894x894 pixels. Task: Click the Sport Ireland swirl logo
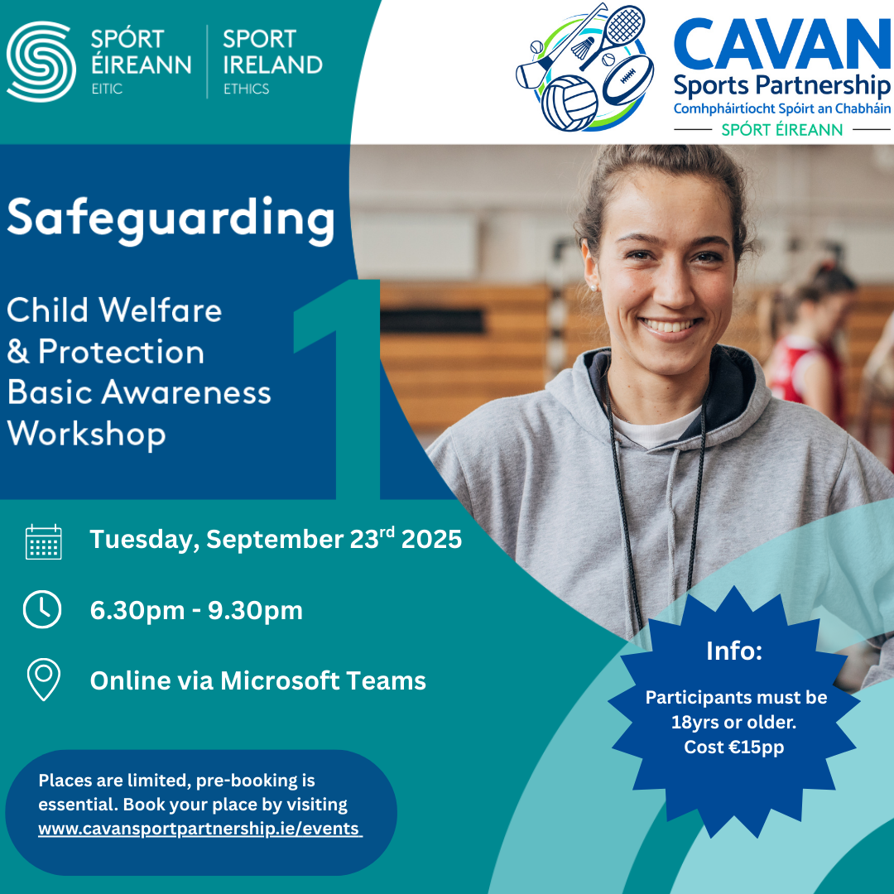(41, 61)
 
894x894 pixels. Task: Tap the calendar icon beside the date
(44, 541)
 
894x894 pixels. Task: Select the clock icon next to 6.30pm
(42, 609)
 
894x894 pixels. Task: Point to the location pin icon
(44, 679)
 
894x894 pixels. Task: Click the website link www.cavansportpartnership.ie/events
(199, 829)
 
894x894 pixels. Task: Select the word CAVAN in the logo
(782, 44)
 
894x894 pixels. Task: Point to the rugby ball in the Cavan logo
(627, 79)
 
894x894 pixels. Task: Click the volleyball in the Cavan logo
(569, 103)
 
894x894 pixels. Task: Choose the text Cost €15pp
(733, 747)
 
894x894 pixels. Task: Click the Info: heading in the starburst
(733, 651)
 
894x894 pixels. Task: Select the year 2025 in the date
(431, 540)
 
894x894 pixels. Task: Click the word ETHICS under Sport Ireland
(247, 89)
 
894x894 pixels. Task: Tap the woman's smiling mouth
(670, 327)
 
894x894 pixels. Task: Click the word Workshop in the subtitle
(86, 435)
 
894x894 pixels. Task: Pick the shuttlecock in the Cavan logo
(583, 48)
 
